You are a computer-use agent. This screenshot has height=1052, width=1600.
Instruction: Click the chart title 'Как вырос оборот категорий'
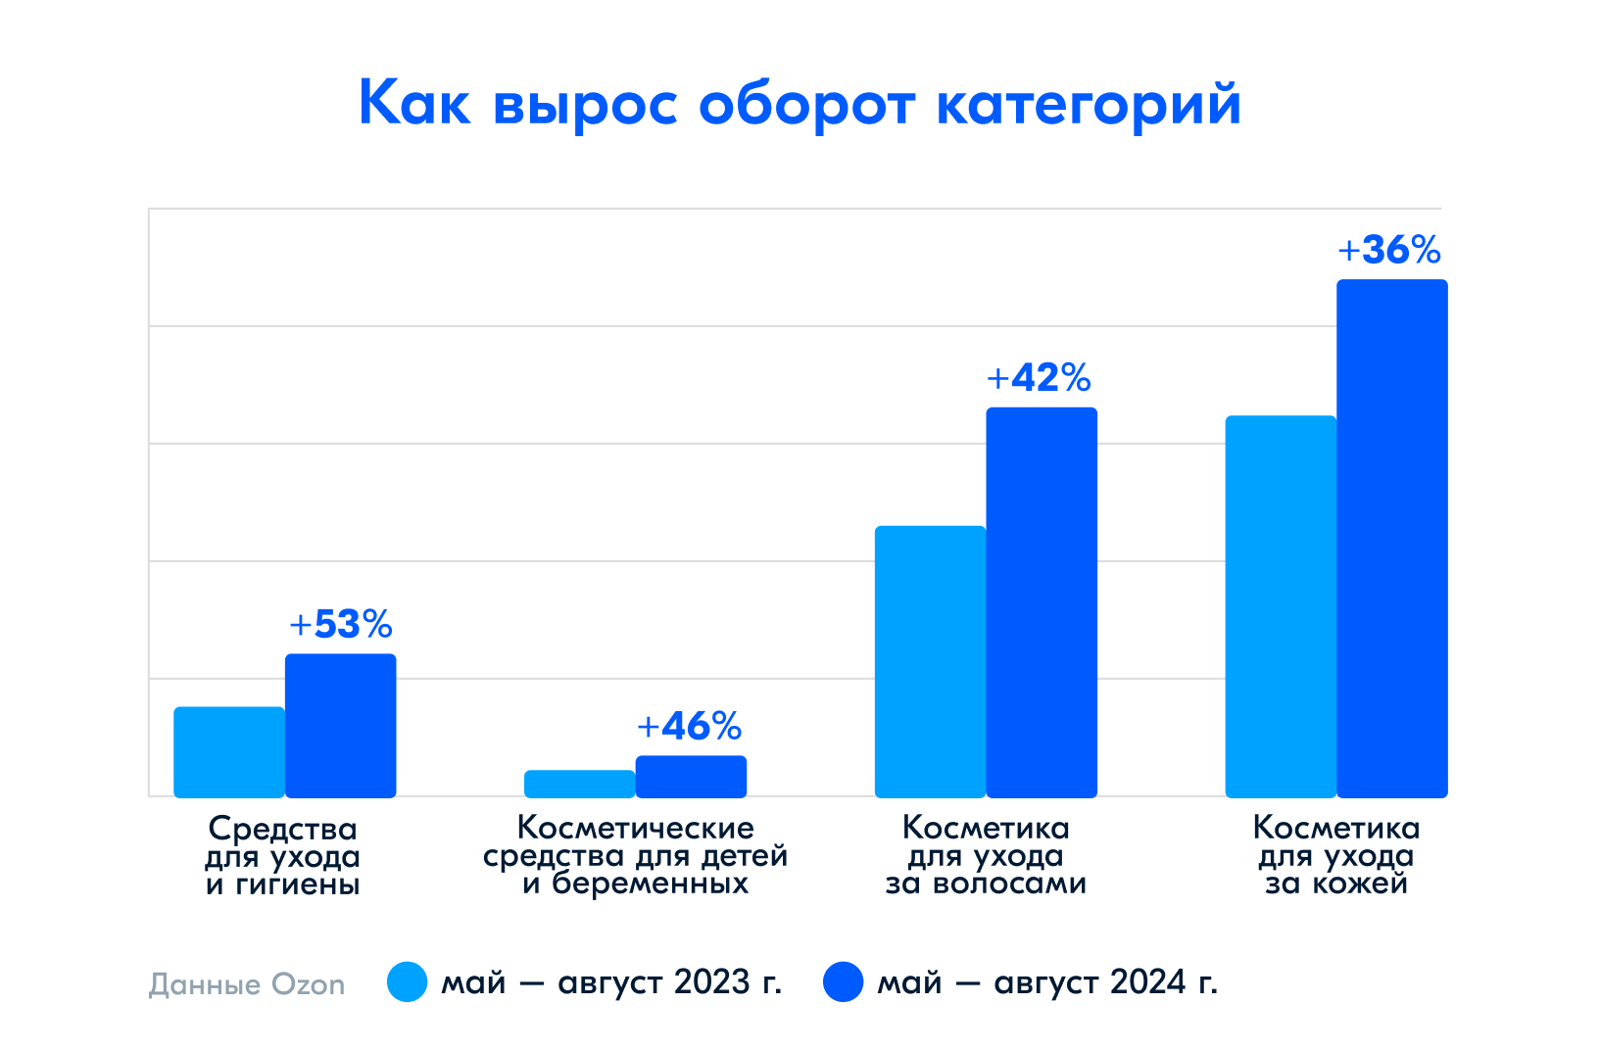(800, 104)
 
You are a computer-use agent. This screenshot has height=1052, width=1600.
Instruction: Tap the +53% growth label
(341, 624)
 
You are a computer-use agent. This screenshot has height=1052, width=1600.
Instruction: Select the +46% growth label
(690, 726)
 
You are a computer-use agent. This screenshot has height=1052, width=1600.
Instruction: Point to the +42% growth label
(1039, 377)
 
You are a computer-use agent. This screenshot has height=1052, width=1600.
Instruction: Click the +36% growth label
(1389, 250)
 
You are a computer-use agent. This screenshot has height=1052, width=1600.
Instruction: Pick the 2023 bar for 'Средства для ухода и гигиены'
(229, 751)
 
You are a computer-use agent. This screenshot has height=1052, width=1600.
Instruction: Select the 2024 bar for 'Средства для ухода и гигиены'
(341, 725)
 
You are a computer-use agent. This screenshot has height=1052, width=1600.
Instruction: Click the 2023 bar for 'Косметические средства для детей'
(580, 784)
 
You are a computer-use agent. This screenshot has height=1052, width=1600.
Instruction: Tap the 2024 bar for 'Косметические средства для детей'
(691, 776)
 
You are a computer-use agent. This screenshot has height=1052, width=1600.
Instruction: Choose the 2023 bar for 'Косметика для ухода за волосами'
(930, 661)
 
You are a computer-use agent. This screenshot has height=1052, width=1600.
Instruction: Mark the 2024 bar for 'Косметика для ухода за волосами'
(1042, 601)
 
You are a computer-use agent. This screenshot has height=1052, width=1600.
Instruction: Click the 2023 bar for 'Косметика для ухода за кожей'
(1281, 606)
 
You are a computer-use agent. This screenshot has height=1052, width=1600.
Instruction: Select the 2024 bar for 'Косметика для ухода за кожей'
(1392, 538)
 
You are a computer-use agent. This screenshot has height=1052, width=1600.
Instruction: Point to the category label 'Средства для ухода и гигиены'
(283, 856)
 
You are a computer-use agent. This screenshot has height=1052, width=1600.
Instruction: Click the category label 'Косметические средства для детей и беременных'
(635, 855)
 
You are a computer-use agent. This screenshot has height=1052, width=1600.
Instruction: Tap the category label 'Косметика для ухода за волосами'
(986, 855)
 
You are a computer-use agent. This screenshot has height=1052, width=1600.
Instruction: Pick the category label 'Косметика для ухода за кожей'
(1336, 855)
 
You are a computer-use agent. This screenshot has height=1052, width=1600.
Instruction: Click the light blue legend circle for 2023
(408, 981)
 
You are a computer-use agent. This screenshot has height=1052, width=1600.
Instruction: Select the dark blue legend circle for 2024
(844, 981)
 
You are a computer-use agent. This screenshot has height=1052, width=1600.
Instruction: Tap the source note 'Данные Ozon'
(247, 983)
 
